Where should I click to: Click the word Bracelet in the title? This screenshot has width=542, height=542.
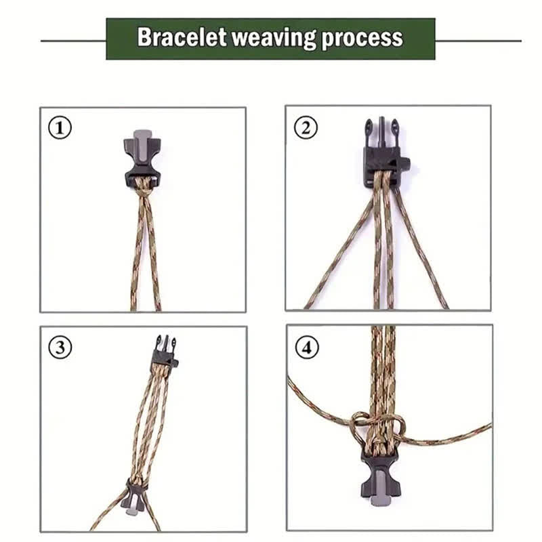[181, 37]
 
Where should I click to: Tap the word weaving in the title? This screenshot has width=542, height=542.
[274, 37]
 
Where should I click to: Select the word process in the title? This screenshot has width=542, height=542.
[362, 38]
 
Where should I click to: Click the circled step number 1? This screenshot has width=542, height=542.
[60, 128]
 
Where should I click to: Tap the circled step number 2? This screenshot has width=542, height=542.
[305, 127]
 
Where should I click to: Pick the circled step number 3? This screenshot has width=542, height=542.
[60, 348]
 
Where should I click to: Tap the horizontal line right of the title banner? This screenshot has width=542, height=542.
[478, 41]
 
